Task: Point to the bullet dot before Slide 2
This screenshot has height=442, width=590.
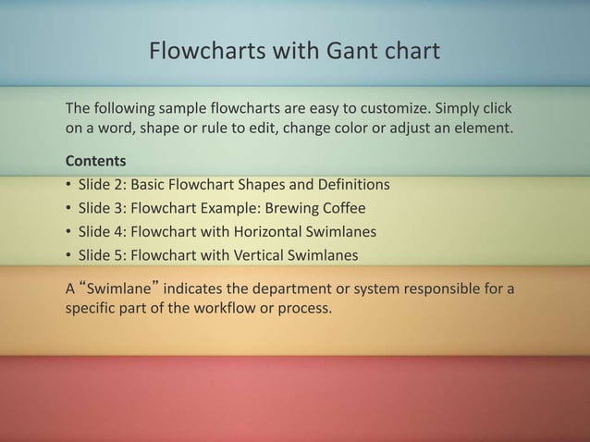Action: [x=68, y=185]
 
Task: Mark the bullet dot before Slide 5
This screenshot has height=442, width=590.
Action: [x=68, y=255]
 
